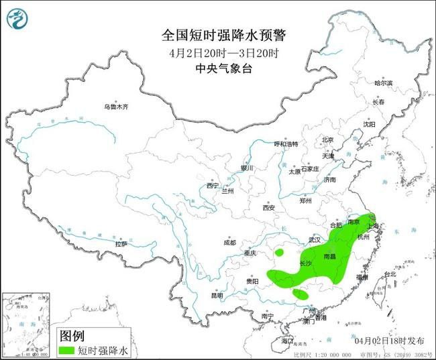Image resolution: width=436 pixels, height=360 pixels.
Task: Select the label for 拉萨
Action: point(121,245)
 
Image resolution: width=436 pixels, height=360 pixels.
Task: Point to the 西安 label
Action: point(269,208)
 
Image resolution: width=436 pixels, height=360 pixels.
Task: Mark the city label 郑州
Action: point(306,200)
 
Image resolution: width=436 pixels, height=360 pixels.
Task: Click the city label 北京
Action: point(327,140)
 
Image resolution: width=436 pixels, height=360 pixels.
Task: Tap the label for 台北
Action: point(389,274)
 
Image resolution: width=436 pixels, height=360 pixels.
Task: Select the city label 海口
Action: point(287,341)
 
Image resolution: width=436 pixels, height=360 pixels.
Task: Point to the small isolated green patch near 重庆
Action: point(280,253)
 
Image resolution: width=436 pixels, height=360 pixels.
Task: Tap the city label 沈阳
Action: point(369,124)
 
